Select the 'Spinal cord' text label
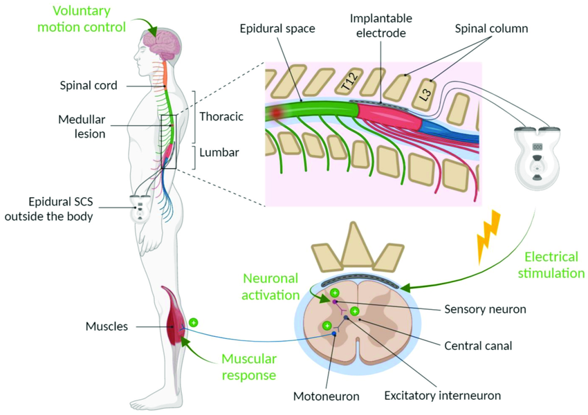[x=88, y=86]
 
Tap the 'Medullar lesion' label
[x=82, y=125]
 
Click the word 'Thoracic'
[x=221, y=116]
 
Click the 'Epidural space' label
[x=277, y=30]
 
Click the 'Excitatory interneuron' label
[x=442, y=396]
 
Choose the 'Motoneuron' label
[x=327, y=396]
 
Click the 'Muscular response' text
[x=248, y=367]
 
